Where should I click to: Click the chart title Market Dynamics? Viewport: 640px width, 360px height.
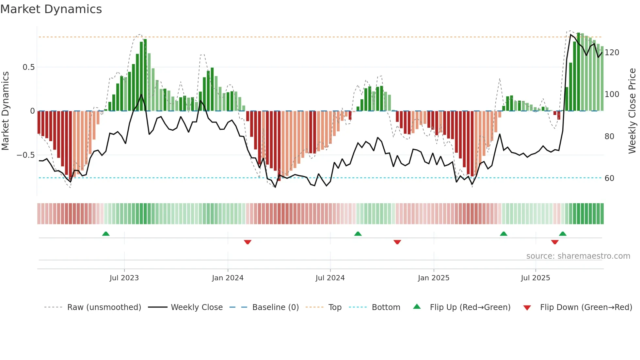point(51,9)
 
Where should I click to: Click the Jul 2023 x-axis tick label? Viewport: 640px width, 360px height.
point(124,278)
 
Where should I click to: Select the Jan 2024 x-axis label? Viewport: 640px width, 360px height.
point(228,278)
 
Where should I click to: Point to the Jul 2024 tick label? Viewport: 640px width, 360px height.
point(330,278)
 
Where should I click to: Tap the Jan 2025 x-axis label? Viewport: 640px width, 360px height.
point(434,278)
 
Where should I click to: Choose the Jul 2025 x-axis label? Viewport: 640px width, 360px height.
point(536,278)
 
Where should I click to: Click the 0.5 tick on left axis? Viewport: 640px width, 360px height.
point(28,67)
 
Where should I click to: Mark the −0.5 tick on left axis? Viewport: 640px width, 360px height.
point(26,155)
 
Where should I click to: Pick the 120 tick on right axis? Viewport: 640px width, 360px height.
point(612,53)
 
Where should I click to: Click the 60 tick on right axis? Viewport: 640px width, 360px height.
point(609,178)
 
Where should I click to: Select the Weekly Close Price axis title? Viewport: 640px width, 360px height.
point(632,111)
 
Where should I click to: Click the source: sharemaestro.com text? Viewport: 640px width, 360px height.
point(578,256)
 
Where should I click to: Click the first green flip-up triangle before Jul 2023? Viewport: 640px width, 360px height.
point(106,234)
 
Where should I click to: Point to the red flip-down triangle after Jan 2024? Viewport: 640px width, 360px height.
point(248,242)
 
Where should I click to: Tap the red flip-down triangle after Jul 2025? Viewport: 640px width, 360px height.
point(555,242)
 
